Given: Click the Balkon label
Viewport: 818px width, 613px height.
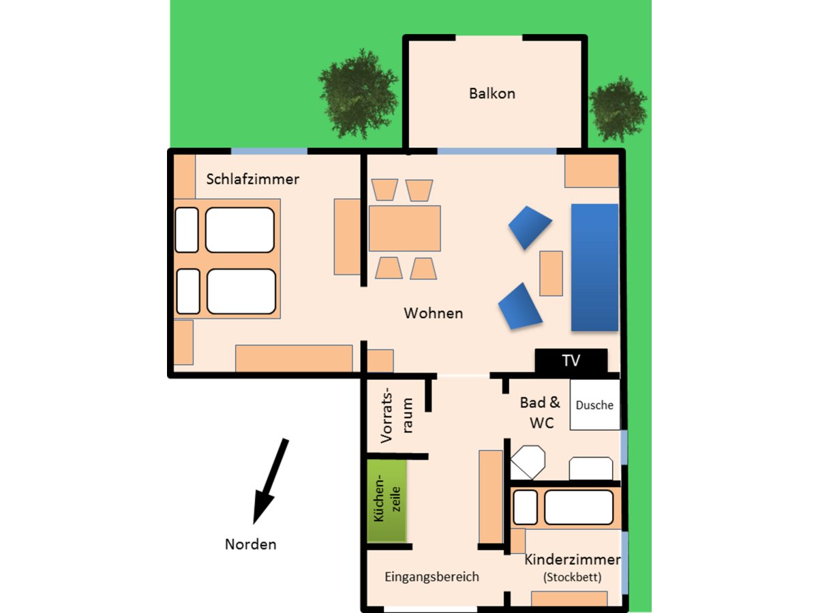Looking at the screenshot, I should (491, 93).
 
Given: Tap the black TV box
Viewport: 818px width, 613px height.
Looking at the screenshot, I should (571, 360).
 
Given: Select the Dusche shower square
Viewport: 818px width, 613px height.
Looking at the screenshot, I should (594, 405).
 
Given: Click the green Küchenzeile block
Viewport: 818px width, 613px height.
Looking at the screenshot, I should (387, 501).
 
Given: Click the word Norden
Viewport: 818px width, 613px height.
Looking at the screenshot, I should (251, 544).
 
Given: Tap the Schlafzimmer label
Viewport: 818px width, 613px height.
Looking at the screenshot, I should (252, 179).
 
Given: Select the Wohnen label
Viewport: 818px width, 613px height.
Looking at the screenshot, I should (433, 313).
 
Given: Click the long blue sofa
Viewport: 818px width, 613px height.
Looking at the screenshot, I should (594, 267).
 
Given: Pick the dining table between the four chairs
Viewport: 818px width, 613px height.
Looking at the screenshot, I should (405, 229).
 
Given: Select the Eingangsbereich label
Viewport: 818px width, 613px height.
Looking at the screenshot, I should (431, 577).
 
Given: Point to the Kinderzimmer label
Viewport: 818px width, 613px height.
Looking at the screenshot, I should (572, 560).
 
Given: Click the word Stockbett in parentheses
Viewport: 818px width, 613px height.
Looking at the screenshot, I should (572, 578).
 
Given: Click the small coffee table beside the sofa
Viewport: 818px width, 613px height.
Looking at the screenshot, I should (551, 273).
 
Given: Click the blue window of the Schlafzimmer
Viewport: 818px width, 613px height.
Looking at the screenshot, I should (269, 151).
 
